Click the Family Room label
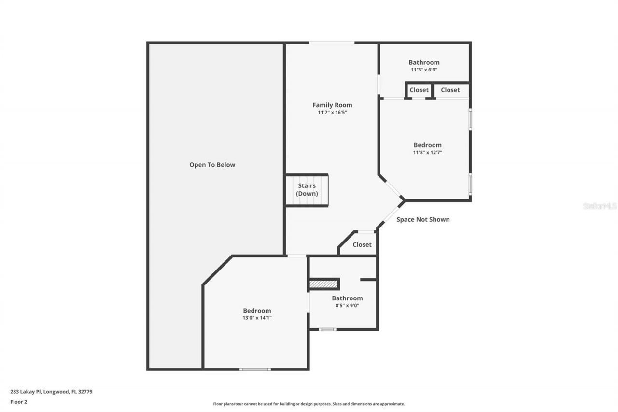[x=332, y=105]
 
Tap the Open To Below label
[x=212, y=165]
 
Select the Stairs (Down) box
[x=307, y=190]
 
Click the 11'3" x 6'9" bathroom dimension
[x=424, y=70]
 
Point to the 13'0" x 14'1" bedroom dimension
[x=257, y=318]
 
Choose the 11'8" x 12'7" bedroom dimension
[x=427, y=152]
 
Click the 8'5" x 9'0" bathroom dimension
[x=347, y=305]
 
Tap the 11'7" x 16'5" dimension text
[x=332, y=112]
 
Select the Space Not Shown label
[x=423, y=219]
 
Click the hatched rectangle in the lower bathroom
[x=323, y=284]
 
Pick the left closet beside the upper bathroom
[x=419, y=90]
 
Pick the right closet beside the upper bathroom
[x=450, y=90]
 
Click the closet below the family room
[x=362, y=244]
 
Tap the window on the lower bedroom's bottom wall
[x=255, y=369]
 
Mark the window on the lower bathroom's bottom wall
[x=327, y=329]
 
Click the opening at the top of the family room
[x=332, y=43]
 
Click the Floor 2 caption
[x=18, y=401]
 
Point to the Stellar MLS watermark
[x=600, y=206]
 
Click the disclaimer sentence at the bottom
[x=309, y=404]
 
